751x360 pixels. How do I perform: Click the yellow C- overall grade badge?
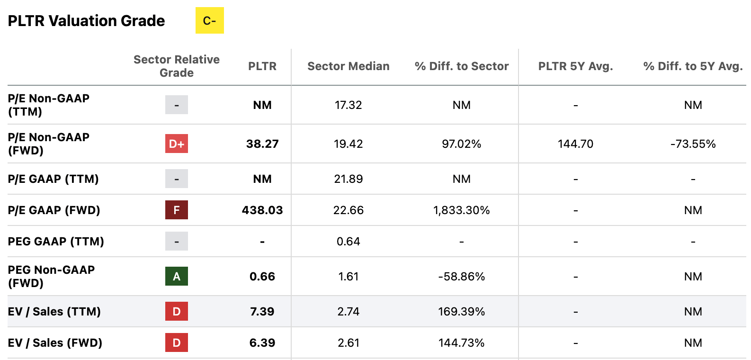[x=209, y=21]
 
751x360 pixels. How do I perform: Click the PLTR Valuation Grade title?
[x=86, y=21]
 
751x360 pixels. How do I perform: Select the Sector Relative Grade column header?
[x=176, y=66]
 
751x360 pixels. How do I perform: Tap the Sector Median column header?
[x=348, y=66]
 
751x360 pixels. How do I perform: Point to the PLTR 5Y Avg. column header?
[x=575, y=66]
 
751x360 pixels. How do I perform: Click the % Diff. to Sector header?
[x=461, y=66]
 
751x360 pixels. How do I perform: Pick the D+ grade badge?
[x=176, y=144]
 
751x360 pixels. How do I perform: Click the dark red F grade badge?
[x=176, y=210]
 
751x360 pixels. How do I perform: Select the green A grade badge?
[x=176, y=276]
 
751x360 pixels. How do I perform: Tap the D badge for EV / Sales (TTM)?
[x=176, y=311]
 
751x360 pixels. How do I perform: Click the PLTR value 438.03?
[x=262, y=210]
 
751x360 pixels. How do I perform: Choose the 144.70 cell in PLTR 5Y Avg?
[x=575, y=144]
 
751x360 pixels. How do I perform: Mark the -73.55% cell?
[x=693, y=144]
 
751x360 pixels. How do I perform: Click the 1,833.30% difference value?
[x=461, y=210]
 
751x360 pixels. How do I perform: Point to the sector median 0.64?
[x=348, y=242]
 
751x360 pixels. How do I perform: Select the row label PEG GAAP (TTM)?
[x=56, y=242]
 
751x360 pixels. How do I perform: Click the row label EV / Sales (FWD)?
[x=55, y=342]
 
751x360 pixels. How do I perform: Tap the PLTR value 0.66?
[x=262, y=276]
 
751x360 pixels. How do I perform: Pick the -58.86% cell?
[x=461, y=277]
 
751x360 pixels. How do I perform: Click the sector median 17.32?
[x=348, y=105]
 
